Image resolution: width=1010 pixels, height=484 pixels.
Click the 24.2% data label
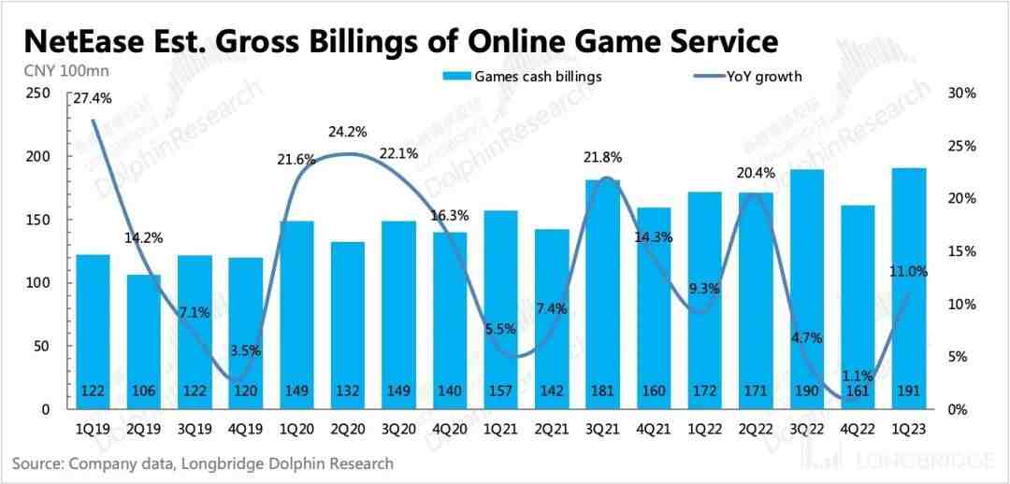(346, 132)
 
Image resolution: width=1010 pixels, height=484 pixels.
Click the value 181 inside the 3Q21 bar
(601, 391)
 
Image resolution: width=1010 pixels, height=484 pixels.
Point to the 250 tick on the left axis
(38, 93)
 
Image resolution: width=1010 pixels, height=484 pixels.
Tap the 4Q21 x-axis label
(653, 428)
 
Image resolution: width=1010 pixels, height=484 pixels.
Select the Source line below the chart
(203, 463)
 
